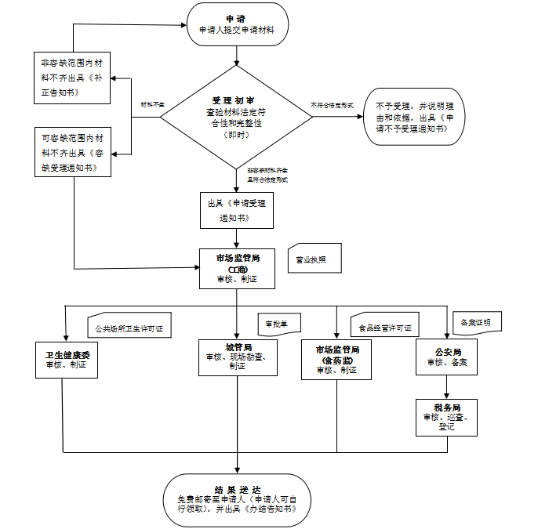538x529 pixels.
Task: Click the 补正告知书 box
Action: tap(71, 77)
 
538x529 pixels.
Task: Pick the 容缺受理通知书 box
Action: tap(71, 151)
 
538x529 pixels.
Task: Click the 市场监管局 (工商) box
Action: tap(237, 267)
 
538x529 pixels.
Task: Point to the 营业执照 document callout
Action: tap(314, 259)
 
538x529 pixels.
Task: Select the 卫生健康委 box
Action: tap(66, 360)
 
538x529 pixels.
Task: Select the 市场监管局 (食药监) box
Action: tap(336, 360)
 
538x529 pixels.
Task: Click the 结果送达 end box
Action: tap(235, 498)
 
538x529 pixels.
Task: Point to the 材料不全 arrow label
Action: tap(152, 104)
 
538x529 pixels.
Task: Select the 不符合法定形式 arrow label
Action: tap(332, 104)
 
